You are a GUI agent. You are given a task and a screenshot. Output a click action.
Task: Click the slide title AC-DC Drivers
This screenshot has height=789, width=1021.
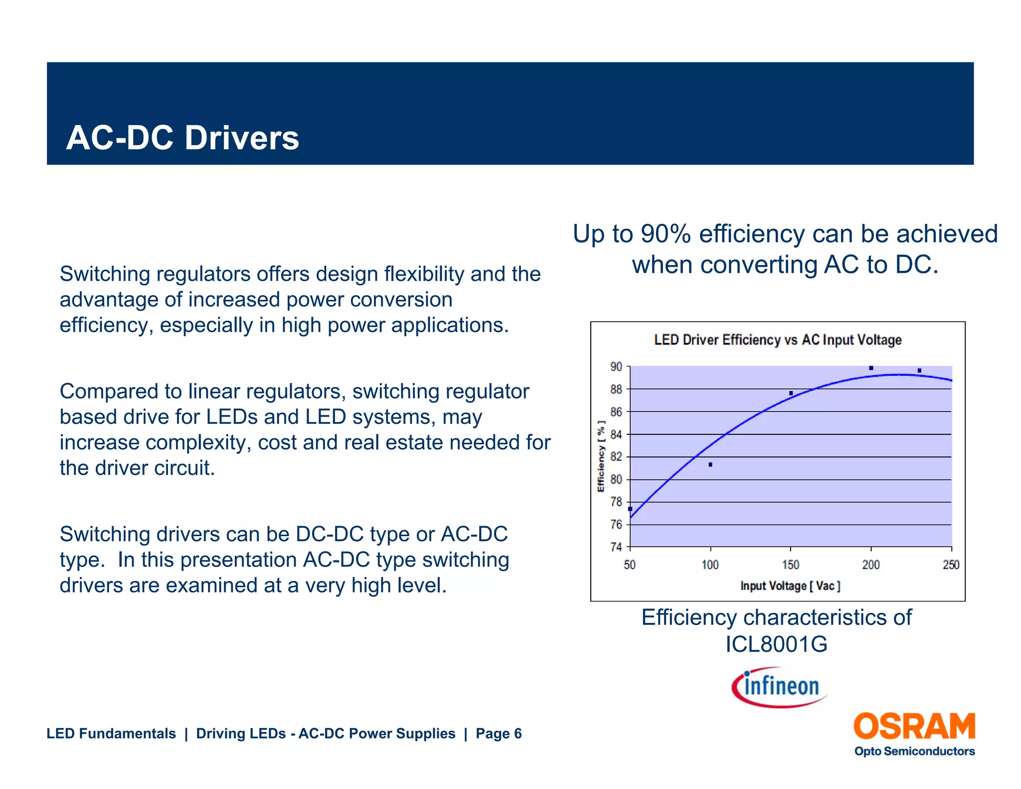(182, 138)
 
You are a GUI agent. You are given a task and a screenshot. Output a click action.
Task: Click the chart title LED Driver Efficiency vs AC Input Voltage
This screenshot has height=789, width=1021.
(777, 340)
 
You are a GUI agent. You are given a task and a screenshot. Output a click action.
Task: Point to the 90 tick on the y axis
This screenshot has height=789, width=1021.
(616, 367)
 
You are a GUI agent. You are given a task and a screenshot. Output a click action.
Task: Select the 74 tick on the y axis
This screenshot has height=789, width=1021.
(616, 547)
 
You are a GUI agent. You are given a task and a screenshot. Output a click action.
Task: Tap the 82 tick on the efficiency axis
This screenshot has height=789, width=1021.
(616, 457)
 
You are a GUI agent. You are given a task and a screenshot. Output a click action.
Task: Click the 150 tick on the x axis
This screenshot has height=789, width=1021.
(791, 565)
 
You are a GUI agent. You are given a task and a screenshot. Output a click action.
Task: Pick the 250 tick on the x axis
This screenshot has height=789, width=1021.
(951, 565)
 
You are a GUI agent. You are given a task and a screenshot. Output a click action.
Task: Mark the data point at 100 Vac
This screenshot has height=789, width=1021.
(710, 465)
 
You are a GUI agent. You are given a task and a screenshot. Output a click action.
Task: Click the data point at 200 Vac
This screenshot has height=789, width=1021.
(871, 369)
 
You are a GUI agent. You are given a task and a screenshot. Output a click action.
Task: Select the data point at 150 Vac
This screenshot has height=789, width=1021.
(791, 394)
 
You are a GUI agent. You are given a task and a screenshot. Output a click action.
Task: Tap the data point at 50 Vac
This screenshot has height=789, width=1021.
(631, 509)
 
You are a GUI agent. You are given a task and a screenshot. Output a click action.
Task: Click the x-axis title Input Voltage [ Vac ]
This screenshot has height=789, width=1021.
(790, 586)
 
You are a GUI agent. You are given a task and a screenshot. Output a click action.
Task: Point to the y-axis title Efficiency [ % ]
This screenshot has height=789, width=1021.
(601, 456)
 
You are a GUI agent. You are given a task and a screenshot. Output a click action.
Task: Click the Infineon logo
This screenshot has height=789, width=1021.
(779, 687)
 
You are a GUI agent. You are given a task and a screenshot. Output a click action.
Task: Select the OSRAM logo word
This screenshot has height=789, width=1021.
(914, 727)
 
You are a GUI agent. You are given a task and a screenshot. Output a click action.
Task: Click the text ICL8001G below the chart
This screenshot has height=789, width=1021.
(776, 644)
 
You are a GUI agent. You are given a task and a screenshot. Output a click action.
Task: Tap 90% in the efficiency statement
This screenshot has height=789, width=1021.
(665, 234)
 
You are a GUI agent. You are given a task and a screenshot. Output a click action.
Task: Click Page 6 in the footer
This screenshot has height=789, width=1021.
(499, 734)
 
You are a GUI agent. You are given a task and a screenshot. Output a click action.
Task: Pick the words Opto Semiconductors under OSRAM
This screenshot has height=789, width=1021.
(914, 752)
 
